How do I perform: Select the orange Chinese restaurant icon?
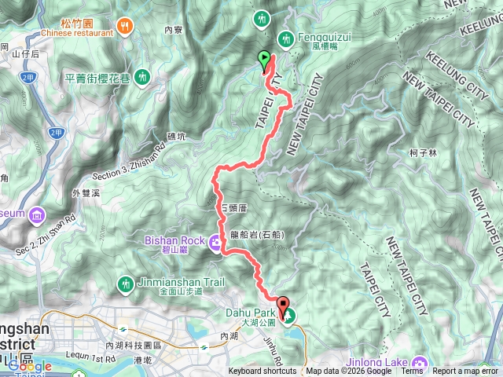point(125,27)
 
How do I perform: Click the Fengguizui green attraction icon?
point(285,38)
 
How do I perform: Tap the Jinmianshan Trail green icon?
point(125,283)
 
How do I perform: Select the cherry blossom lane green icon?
point(141,76)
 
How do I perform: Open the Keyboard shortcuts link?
point(263,372)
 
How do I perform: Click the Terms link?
point(413,372)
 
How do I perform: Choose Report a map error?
point(466,372)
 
